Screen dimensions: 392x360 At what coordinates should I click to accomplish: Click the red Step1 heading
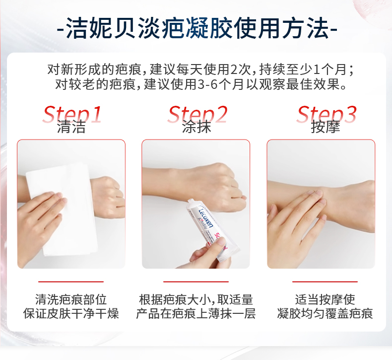point(72,114)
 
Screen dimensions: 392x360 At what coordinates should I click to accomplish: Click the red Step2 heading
point(197,114)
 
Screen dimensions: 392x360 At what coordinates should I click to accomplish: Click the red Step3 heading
point(327,114)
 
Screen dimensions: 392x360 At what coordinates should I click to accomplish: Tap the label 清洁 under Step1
point(71,127)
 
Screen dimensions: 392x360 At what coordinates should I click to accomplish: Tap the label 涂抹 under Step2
point(196,127)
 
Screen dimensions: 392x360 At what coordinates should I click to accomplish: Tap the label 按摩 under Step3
point(326,127)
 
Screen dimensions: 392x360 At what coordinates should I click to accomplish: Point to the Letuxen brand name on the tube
point(206,217)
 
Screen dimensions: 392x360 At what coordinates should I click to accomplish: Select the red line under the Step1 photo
point(71,282)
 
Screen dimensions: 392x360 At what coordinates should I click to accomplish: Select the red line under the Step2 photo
point(196,282)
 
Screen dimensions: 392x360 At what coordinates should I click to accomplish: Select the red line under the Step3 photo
point(325,282)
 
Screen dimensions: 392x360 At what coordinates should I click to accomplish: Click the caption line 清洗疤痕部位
point(71,299)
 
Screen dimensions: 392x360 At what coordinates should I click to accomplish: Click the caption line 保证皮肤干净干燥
point(71,313)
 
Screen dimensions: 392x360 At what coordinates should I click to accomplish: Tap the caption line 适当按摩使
point(325,299)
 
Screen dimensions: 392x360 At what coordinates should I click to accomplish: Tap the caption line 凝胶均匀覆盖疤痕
point(325,313)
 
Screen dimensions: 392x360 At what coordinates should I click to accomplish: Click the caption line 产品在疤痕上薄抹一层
point(196,313)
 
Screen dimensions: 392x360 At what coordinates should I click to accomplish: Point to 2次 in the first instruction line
point(241,70)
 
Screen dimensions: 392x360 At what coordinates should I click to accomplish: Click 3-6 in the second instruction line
point(208,84)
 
